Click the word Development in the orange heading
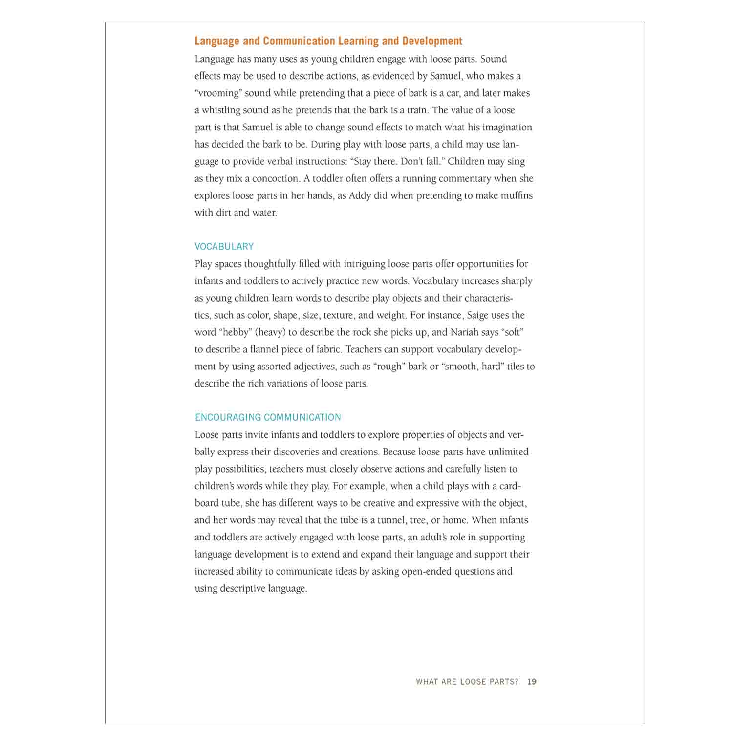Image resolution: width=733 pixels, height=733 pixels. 432,41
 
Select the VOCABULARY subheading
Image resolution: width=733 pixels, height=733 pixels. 224,247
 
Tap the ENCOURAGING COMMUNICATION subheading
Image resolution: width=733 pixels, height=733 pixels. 268,417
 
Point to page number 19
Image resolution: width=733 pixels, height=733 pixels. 532,682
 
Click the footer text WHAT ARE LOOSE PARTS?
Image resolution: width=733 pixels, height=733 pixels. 467,682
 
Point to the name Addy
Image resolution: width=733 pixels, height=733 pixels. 360,195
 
